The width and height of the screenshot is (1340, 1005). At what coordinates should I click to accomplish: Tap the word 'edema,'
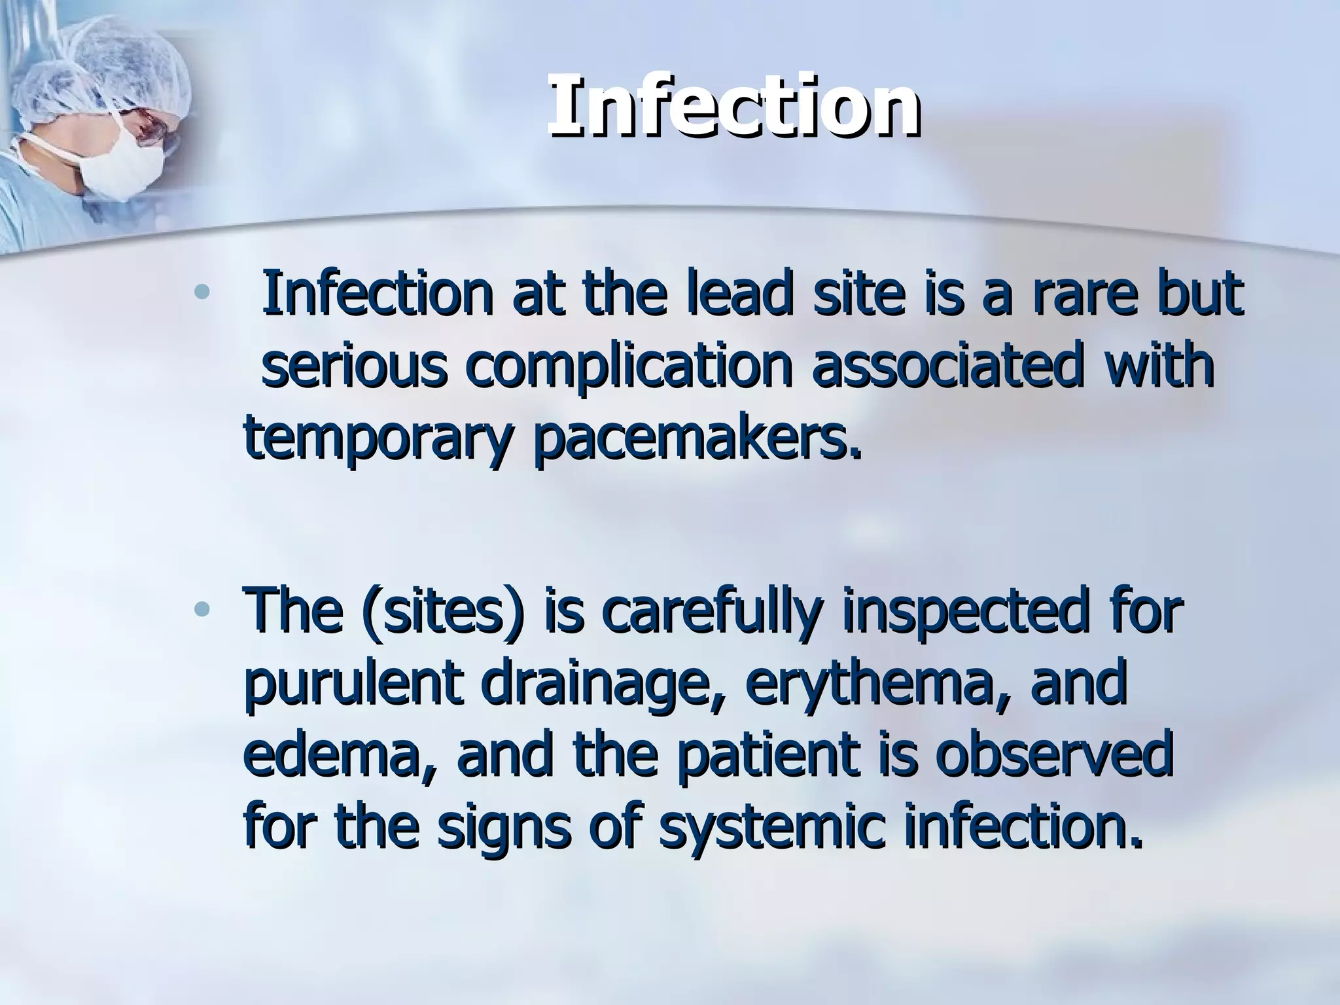pyautogui.click(x=340, y=758)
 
